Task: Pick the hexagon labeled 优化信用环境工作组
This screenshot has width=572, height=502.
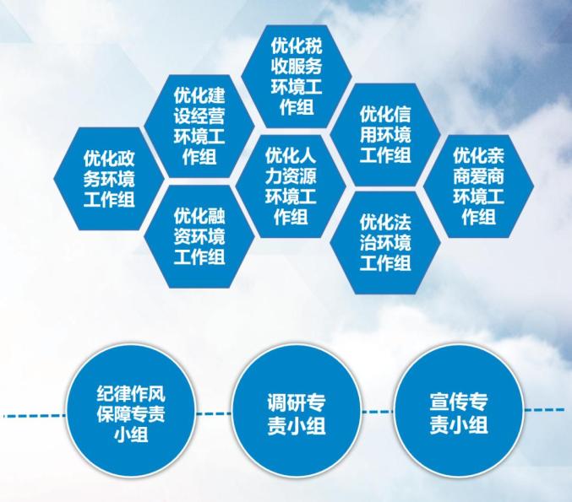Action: pyautogui.click(x=385, y=135)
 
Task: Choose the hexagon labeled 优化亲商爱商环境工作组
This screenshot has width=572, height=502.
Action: pyautogui.click(x=479, y=186)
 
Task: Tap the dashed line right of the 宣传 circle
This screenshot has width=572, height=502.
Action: pyautogui.click(x=545, y=410)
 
